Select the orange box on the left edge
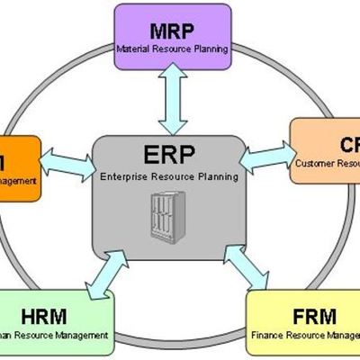[x=18, y=167]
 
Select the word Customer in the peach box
[x=314, y=163]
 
